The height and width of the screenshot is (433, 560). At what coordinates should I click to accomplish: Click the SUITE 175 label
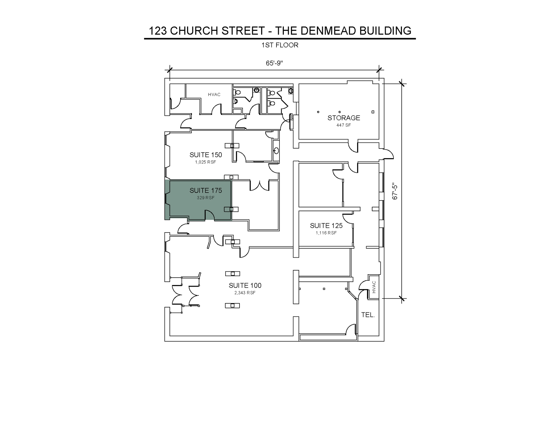point(206,190)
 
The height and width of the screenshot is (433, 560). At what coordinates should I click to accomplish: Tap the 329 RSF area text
point(206,198)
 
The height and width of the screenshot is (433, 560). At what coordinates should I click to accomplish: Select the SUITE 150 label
point(206,155)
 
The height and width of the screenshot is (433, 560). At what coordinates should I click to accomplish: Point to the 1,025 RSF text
point(206,162)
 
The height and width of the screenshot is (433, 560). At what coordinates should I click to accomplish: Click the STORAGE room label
point(344,118)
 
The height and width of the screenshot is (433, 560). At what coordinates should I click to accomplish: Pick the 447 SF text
point(344,125)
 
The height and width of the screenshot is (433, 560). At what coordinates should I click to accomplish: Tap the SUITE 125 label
point(326,226)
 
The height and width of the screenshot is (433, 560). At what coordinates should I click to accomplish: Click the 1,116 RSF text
point(326,233)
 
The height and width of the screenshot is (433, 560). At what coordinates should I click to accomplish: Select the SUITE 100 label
point(245,286)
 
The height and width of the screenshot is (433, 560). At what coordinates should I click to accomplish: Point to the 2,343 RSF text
point(245,293)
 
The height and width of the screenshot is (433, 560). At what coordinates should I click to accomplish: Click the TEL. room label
point(368,315)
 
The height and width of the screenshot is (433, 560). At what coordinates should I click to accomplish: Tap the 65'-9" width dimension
point(274,63)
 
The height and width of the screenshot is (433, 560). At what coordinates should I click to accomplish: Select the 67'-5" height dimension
point(395,191)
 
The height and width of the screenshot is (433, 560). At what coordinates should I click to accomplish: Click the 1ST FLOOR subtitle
point(280,45)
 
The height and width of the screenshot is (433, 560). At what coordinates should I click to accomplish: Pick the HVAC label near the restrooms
point(214,95)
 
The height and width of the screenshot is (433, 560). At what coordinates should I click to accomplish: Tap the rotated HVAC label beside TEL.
point(374,287)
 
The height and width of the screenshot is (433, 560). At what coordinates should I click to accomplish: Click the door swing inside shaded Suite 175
point(210,215)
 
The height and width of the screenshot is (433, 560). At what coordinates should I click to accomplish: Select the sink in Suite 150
point(276,150)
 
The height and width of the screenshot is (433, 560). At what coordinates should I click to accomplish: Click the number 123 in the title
point(158,31)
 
